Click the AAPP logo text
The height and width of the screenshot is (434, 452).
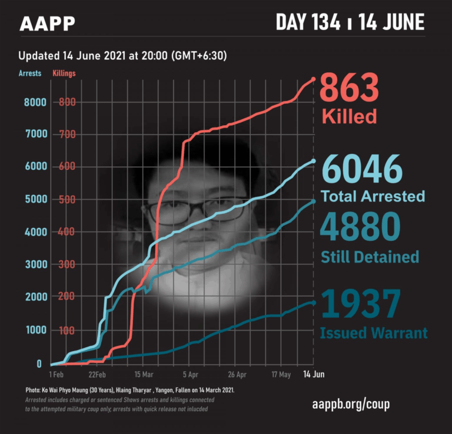[x=47, y=23]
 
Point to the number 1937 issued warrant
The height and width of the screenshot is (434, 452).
[x=361, y=304]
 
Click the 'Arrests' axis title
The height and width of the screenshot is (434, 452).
[x=30, y=73]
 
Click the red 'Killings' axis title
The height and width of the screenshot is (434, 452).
[x=64, y=73]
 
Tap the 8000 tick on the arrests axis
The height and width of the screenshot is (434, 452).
[x=35, y=102]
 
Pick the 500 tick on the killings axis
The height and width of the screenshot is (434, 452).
[x=67, y=200]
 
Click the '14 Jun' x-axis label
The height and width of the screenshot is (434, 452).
[x=313, y=374]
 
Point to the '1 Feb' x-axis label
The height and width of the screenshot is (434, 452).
[x=56, y=374]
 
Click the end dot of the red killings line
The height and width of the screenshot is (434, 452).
[x=313, y=79]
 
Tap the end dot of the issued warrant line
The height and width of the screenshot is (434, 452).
[x=313, y=302]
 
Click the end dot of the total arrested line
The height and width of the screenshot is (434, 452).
[x=313, y=161]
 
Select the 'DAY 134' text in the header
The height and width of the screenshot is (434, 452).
[x=308, y=22]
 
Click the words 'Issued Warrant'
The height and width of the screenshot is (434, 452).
[x=374, y=334]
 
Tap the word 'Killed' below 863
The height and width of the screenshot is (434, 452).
[x=349, y=116]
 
